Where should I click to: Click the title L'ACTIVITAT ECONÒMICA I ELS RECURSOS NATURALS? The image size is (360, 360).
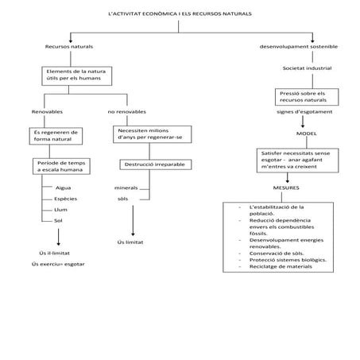[x=180, y=16]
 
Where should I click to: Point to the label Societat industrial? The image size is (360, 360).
[x=305, y=68]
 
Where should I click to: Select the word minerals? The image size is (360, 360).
[x=126, y=187]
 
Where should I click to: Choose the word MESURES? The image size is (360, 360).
[x=286, y=188]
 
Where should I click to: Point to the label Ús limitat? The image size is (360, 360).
[x=129, y=241]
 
